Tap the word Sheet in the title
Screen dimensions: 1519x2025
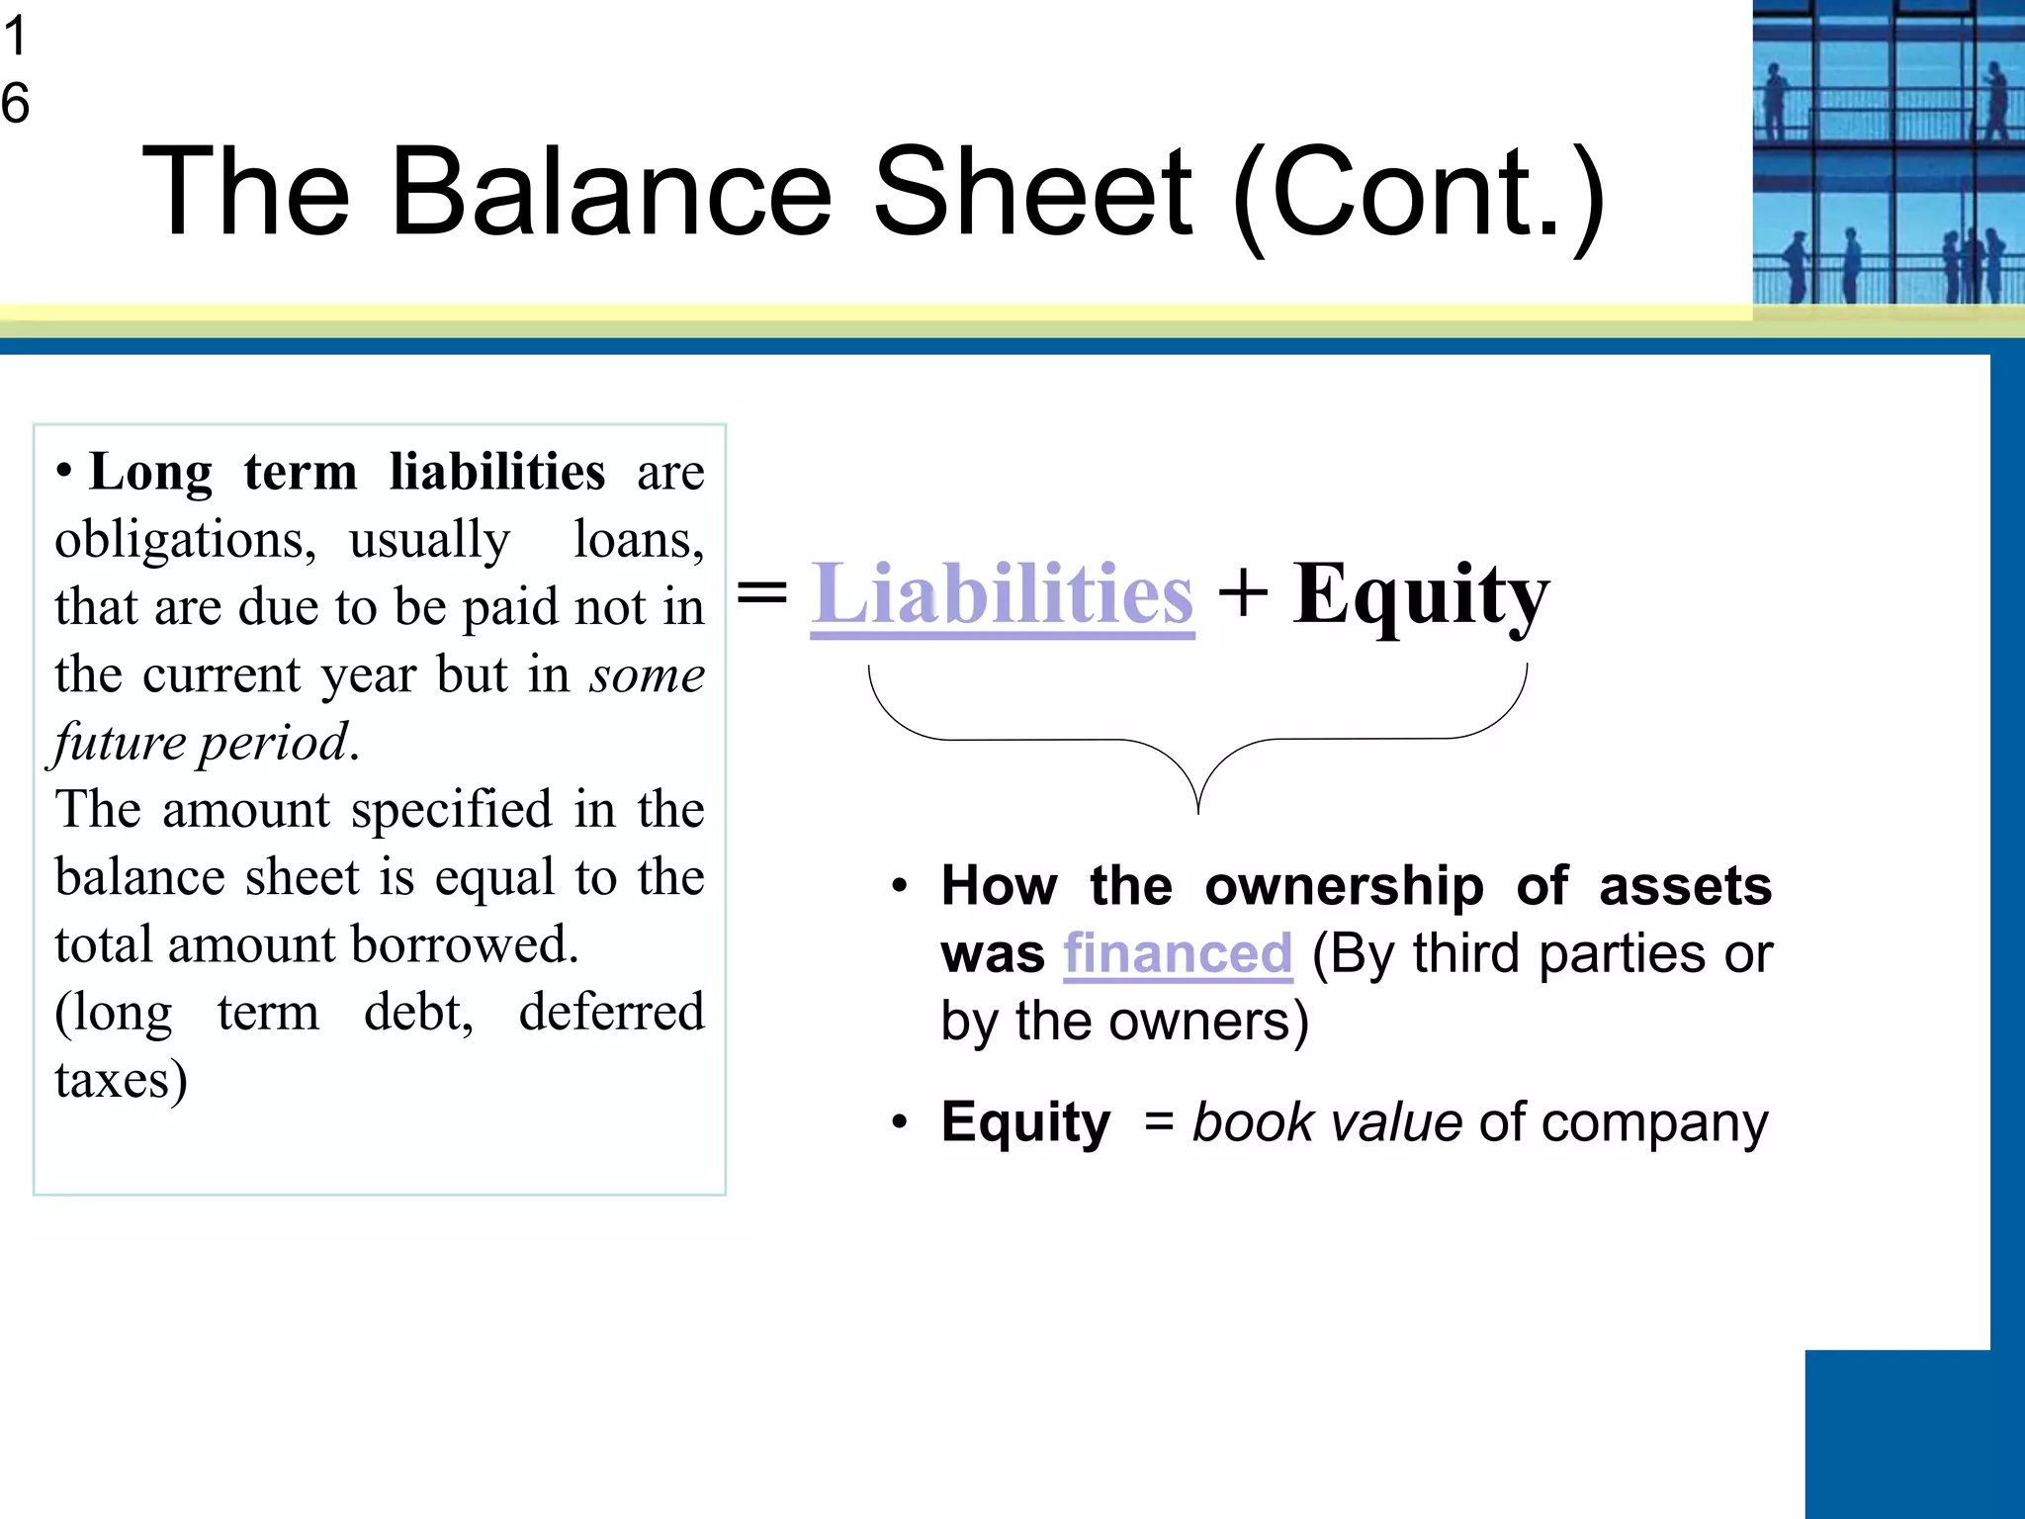[1033, 192]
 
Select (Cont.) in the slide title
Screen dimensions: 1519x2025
[1419, 194]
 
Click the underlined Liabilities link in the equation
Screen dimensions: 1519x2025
[1002, 595]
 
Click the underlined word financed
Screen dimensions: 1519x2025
[1178, 954]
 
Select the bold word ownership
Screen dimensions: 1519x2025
[1344, 886]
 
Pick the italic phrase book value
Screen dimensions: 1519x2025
[1327, 1123]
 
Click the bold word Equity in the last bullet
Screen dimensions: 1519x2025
[1025, 1123]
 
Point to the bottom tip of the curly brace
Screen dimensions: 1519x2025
[1198, 811]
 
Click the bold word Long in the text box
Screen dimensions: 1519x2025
[150, 473]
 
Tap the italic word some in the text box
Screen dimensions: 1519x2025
[647, 675]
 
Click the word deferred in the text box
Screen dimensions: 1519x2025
[611, 1013]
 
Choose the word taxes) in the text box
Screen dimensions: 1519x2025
[121, 1080]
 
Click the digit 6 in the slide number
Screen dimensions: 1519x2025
[16, 104]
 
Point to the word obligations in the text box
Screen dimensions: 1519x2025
[185, 541]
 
